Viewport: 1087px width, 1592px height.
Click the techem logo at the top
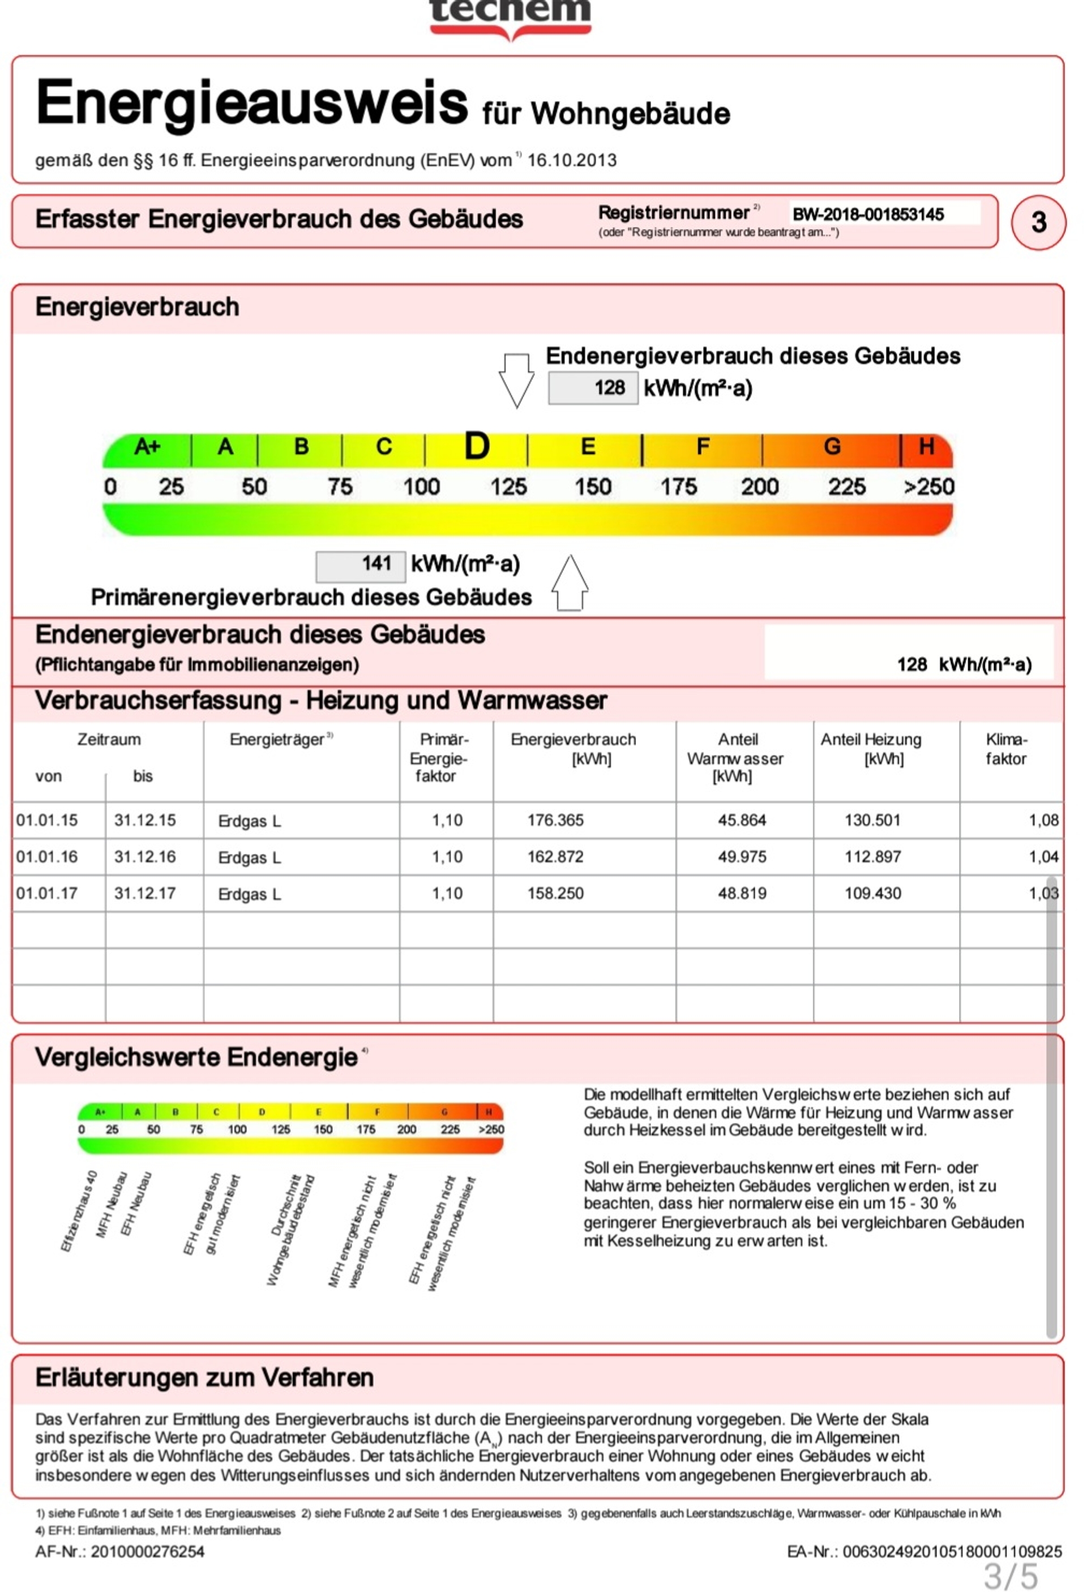click(x=510, y=16)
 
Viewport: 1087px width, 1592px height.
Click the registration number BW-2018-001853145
click(x=868, y=215)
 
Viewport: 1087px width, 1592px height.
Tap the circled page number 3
click(x=1038, y=222)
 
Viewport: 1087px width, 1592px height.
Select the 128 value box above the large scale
click(x=593, y=388)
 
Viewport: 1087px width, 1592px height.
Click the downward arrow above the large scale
click(x=516, y=380)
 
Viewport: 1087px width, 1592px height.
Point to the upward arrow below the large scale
click(x=570, y=582)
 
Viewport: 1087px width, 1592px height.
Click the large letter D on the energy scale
click(x=477, y=447)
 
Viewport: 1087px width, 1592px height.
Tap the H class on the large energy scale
click(x=926, y=447)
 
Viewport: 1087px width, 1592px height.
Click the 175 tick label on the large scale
click(x=678, y=487)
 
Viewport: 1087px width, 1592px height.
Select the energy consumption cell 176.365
click(x=555, y=820)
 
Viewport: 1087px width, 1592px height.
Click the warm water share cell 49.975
click(x=742, y=856)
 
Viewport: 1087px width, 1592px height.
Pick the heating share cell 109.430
click(x=872, y=893)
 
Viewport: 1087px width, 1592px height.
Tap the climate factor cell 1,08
click(x=1043, y=820)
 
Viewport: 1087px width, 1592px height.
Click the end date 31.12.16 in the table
click(x=145, y=856)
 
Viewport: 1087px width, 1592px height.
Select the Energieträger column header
click(x=277, y=740)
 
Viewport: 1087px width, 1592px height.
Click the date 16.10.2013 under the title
click(x=572, y=160)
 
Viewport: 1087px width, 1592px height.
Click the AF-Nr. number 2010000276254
click(x=148, y=1552)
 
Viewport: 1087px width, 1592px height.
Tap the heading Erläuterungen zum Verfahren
click(x=205, y=1377)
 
